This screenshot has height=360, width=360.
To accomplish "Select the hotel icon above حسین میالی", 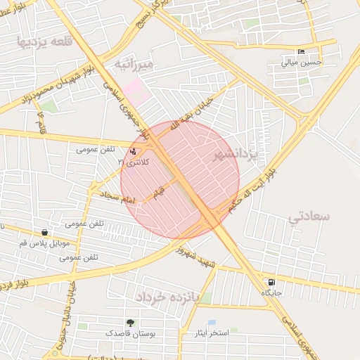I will click(x=302, y=51).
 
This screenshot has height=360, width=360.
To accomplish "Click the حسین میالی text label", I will click(x=302, y=62).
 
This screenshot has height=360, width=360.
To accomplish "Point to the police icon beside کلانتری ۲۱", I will click(x=134, y=151).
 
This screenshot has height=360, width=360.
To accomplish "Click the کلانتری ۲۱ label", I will click(x=131, y=162).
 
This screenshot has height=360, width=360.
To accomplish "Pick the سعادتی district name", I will click(x=309, y=216).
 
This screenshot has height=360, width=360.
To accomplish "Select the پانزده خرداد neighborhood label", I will click(x=169, y=297).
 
